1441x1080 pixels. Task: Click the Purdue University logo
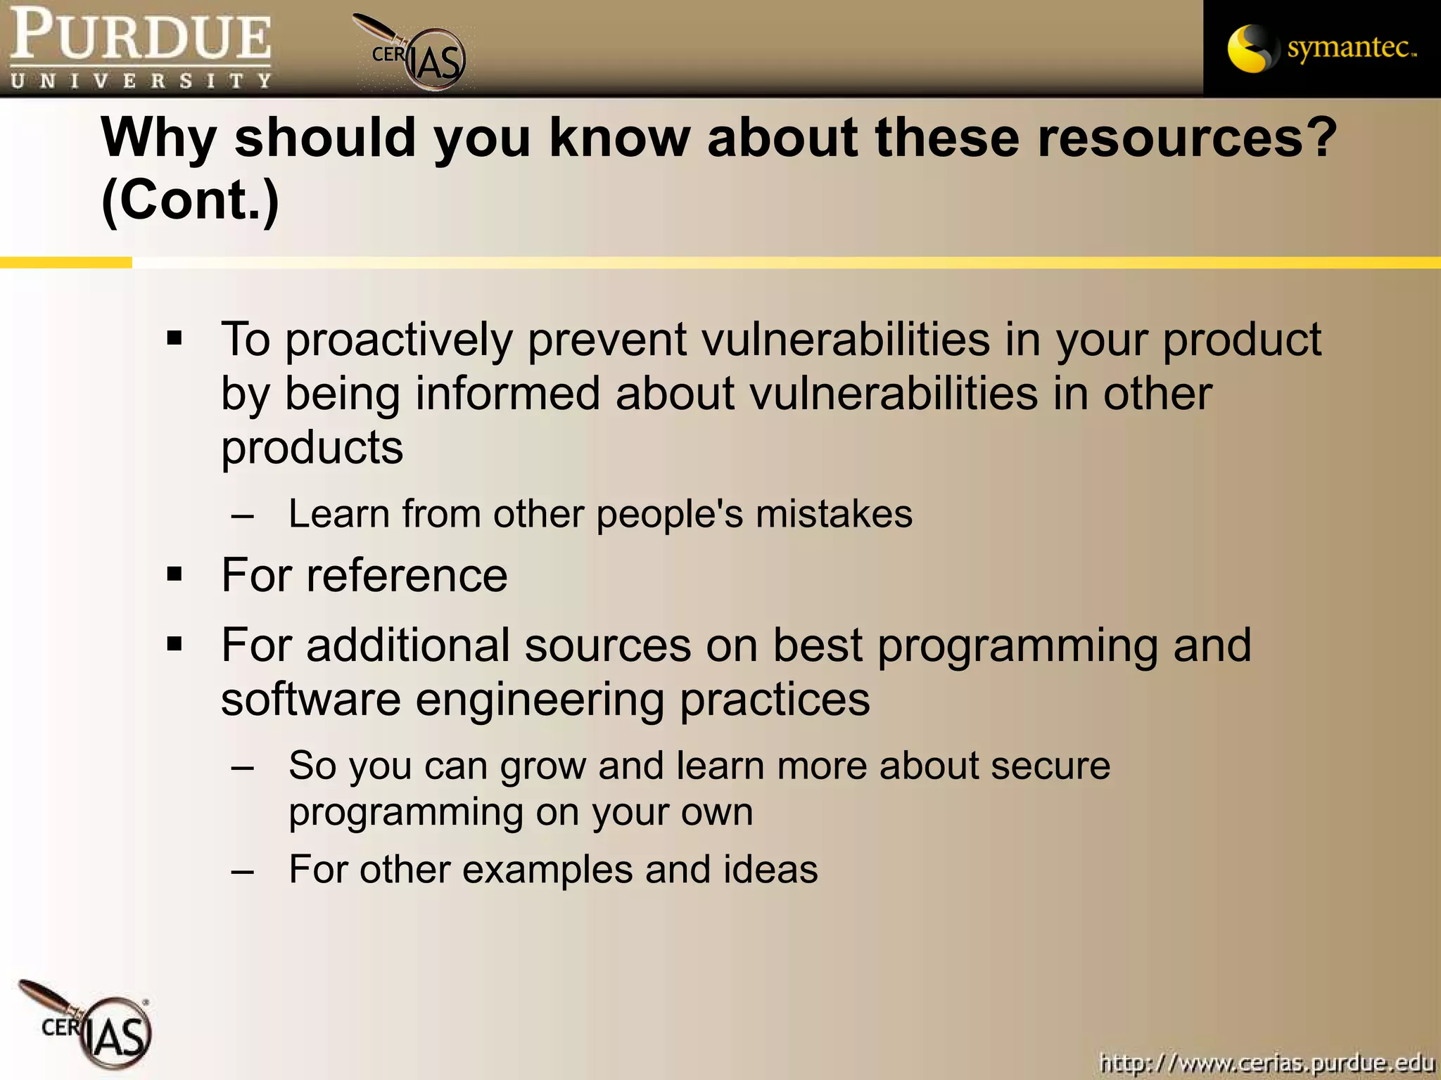coord(141,48)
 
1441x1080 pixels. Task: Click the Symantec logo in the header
coord(1321,48)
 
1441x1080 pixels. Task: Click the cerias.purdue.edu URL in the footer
coord(1267,1062)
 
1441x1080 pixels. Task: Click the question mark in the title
coord(1323,137)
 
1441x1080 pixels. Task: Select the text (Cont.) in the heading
coord(190,200)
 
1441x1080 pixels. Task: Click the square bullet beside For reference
coord(174,575)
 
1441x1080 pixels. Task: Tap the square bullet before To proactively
coord(174,340)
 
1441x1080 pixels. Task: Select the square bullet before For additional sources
coord(174,644)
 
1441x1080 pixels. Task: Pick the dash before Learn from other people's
coord(243,515)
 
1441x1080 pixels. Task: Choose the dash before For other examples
coord(243,871)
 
